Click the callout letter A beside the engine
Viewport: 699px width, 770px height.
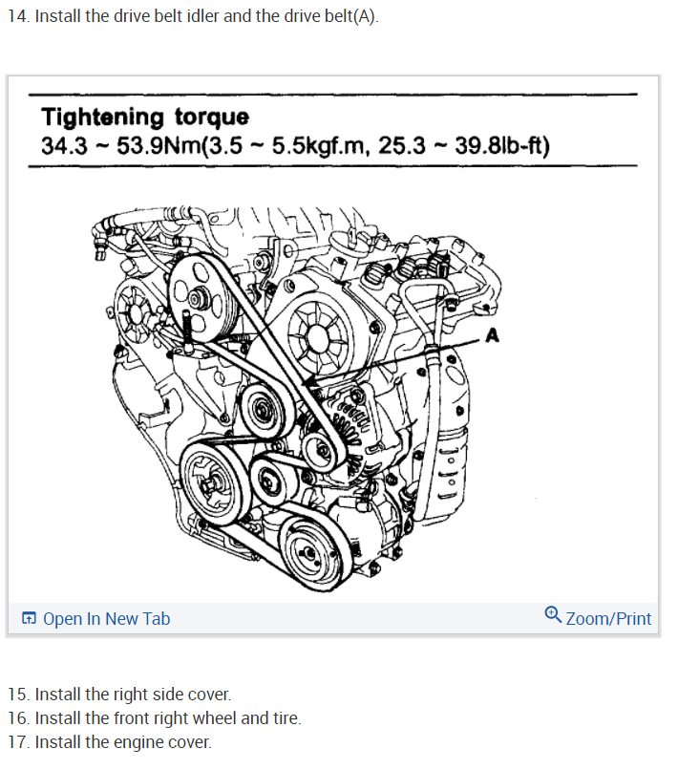493,334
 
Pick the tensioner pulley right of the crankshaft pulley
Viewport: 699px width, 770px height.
273,475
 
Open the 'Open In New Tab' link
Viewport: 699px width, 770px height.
106,618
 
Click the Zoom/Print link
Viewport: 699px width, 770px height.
608,618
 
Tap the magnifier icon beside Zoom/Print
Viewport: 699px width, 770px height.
553,614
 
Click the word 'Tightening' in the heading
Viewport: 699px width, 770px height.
103,118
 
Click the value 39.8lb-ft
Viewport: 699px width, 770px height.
500,147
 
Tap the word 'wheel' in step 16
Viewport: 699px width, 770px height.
214,717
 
